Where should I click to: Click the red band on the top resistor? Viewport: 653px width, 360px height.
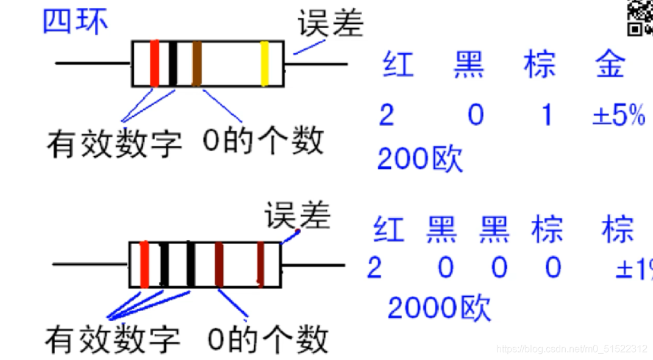[x=154, y=63]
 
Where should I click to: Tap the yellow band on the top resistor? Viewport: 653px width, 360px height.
[x=265, y=63]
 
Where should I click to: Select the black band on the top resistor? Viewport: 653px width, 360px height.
[x=173, y=63]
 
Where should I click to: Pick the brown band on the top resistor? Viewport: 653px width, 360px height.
[x=196, y=63]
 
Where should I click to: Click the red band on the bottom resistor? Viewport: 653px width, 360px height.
[x=145, y=264]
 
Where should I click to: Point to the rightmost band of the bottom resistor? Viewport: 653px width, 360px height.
[x=260, y=264]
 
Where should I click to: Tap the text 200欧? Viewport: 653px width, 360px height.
[x=419, y=159]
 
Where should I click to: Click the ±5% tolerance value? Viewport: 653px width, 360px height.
[x=618, y=115]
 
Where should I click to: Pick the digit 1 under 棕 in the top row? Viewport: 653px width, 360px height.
[x=547, y=115]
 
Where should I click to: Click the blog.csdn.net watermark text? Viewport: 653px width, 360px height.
[x=571, y=349]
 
